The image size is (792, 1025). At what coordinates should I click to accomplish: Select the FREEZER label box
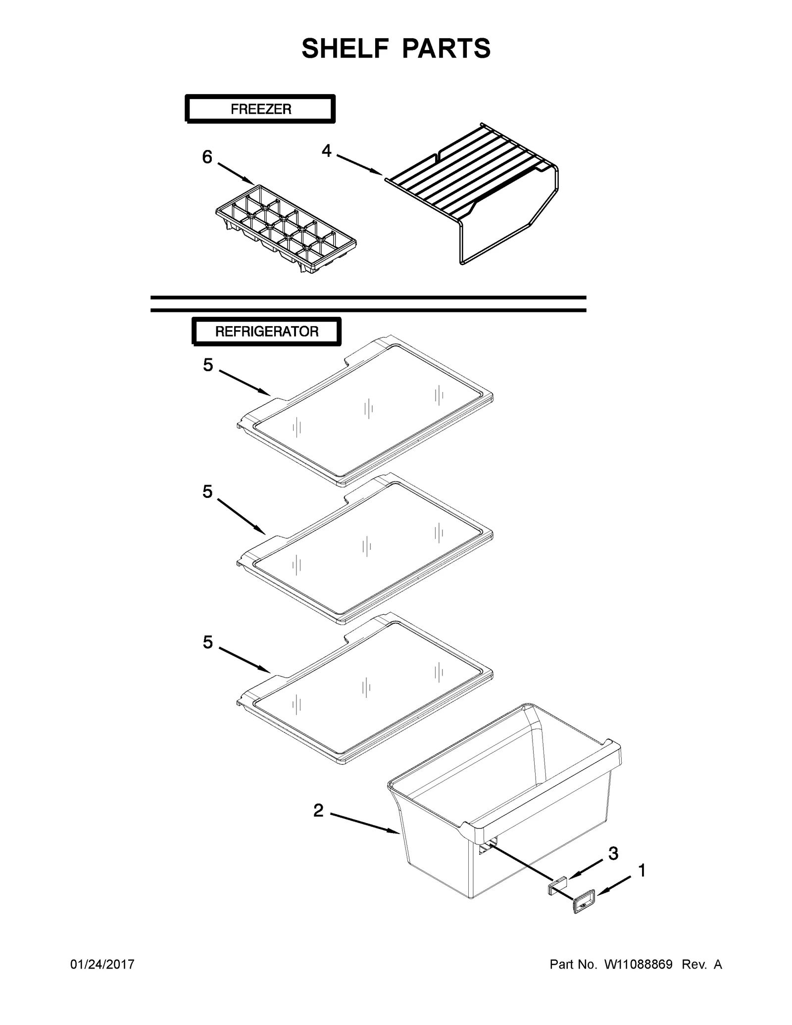tap(260, 109)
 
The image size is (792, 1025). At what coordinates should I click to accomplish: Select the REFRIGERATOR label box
tap(266, 331)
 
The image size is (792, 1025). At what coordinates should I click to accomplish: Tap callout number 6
tap(207, 157)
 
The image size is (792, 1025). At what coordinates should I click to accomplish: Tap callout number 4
tap(326, 150)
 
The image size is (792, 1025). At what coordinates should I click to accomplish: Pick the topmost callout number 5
tap(208, 365)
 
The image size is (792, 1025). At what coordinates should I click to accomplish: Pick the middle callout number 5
tap(207, 491)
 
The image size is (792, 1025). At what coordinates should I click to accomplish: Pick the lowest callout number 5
tap(208, 642)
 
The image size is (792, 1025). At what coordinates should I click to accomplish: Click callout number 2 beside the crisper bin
tap(318, 811)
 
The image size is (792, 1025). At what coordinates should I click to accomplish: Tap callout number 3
tap(613, 853)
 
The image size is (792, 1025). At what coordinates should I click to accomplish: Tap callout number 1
tap(642, 871)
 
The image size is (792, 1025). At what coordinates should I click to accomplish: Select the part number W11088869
tap(638, 965)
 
